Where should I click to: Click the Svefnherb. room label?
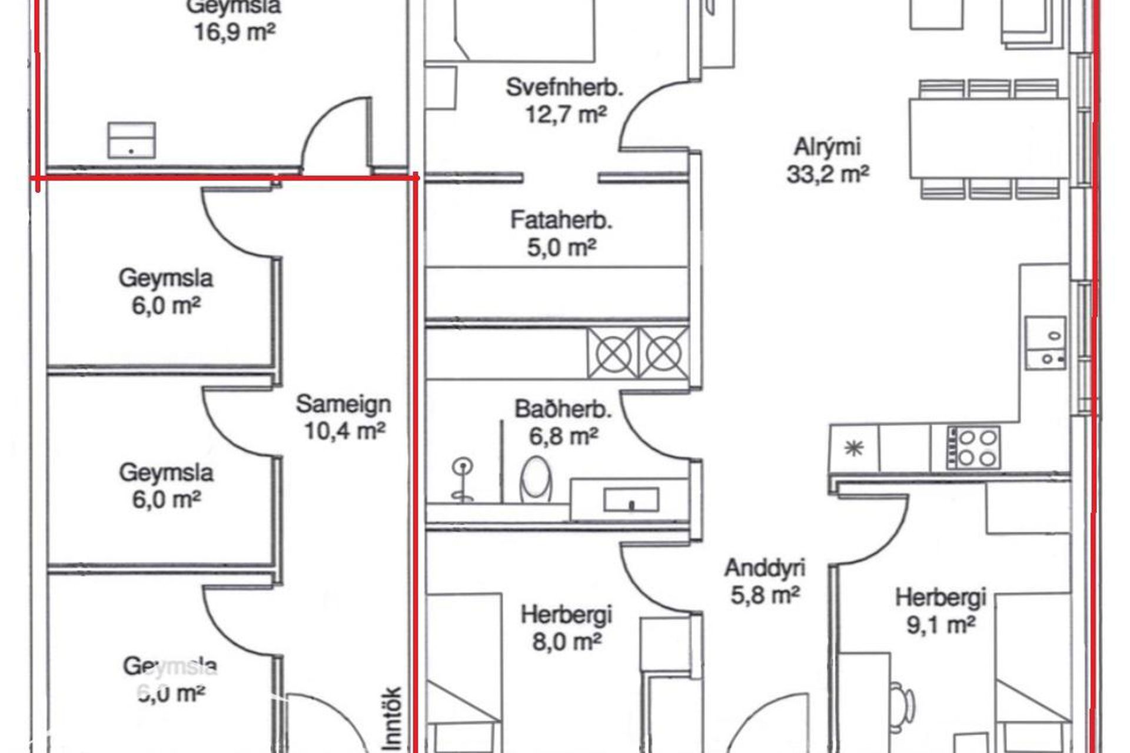pyautogui.click(x=564, y=88)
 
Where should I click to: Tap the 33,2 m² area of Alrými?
pyautogui.click(x=827, y=174)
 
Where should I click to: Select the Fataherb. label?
pyautogui.click(x=561, y=221)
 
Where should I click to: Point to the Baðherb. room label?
pyautogui.click(x=563, y=409)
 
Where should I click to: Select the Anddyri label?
pyautogui.click(x=765, y=568)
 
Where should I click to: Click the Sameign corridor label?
pyautogui.click(x=343, y=404)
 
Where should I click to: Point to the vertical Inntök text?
pyautogui.click(x=393, y=718)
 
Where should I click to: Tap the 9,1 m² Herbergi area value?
pyautogui.click(x=940, y=625)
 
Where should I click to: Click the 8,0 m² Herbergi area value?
pyautogui.click(x=566, y=641)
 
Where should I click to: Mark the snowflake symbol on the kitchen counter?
pyautogui.click(x=853, y=448)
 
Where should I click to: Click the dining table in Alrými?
pyautogui.click(x=989, y=138)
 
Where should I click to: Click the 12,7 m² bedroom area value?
pyautogui.click(x=565, y=114)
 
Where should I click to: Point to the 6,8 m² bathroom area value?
pyautogui.click(x=563, y=437)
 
